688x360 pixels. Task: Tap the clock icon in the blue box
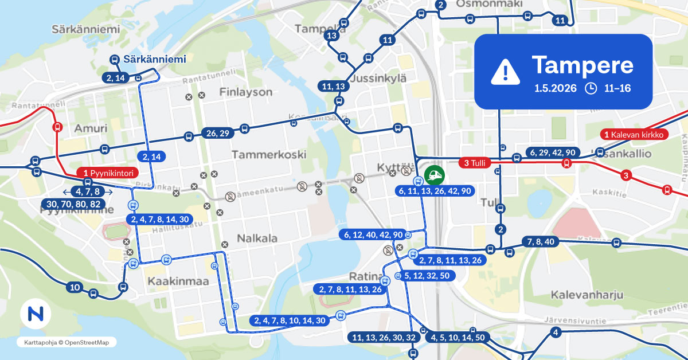click(x=590, y=88)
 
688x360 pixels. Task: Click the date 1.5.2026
click(x=556, y=89)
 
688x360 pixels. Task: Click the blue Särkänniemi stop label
click(x=148, y=59)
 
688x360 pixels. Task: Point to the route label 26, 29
click(x=216, y=134)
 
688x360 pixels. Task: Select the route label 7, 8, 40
click(x=540, y=241)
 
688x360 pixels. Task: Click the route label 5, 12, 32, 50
click(x=429, y=276)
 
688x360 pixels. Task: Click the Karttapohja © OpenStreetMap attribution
click(x=67, y=342)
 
